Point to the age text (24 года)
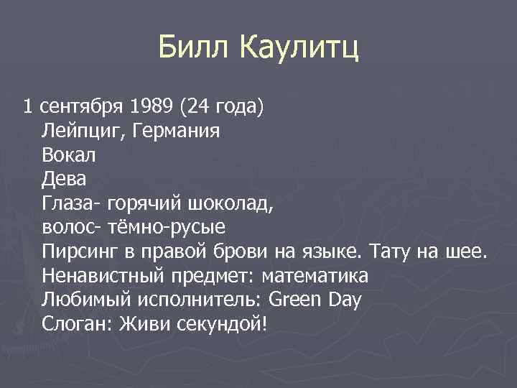[x=223, y=108]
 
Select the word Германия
[x=172, y=132]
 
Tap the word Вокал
[x=69, y=156]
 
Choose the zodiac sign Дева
[x=65, y=180]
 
